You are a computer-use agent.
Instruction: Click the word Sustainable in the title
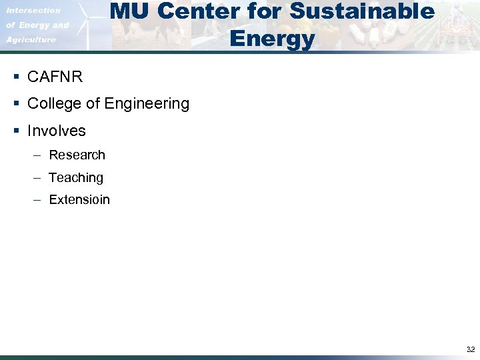point(362,11)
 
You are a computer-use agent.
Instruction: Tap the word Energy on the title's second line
point(271,39)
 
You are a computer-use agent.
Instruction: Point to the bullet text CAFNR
point(55,77)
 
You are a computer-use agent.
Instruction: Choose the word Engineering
point(147,104)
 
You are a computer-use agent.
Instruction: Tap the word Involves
point(57,131)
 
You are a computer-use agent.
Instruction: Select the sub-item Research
point(77,155)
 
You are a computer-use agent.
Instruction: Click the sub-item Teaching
point(76,178)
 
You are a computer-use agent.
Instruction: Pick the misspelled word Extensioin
point(79,200)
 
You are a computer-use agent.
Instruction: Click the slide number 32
point(471,349)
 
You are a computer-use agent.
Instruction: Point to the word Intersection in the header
point(33,11)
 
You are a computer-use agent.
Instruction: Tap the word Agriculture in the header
point(31,40)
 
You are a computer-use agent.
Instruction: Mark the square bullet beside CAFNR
point(15,77)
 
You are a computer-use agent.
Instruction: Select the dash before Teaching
point(37,178)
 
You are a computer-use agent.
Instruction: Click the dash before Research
point(37,155)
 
